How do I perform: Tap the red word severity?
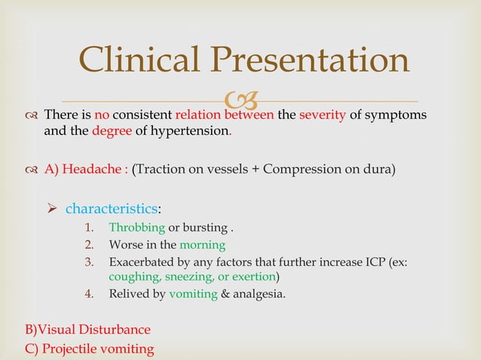323,115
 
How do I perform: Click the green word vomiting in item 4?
193,294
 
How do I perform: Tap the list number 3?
87,261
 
